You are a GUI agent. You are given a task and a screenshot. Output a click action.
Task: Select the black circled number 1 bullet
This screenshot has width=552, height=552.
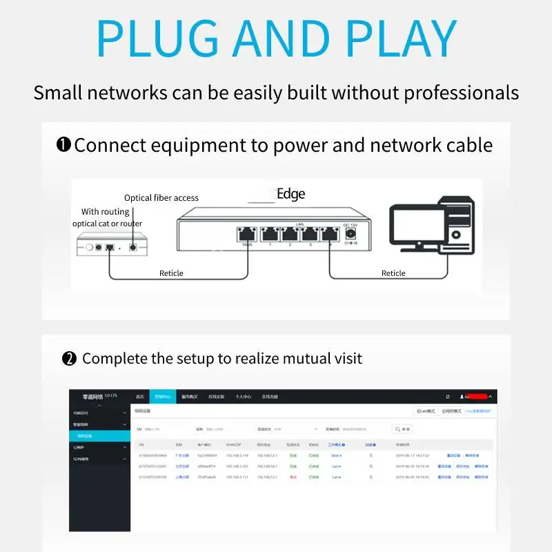click(x=63, y=146)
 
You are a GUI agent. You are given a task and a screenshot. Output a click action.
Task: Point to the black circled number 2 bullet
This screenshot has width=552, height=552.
click(x=69, y=359)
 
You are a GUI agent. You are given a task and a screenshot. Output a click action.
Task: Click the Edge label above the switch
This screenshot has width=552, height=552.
click(x=290, y=194)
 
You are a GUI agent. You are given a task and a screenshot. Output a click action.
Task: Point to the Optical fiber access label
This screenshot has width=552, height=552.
click(x=161, y=198)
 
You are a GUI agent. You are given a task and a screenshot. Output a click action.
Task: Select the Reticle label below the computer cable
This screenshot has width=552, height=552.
click(x=393, y=273)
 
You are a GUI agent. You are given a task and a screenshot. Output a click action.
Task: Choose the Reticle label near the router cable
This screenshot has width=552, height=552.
click(x=171, y=273)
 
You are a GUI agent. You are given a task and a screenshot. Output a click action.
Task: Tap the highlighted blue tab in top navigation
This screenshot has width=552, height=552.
click(x=163, y=397)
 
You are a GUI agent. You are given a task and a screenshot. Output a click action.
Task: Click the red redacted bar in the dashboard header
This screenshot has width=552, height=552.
click(x=477, y=397)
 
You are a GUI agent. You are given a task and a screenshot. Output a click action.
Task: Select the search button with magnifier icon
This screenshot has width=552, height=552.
click(x=402, y=428)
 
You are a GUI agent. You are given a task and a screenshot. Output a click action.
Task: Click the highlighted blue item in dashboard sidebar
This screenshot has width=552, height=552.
click(x=100, y=436)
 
